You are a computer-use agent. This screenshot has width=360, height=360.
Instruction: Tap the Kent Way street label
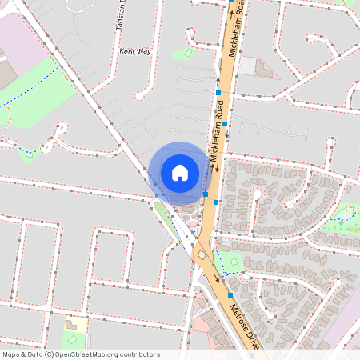click(134, 50)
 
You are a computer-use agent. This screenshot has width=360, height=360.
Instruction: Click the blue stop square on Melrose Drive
click(230, 295)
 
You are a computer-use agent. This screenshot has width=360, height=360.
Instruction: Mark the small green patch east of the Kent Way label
click(183, 54)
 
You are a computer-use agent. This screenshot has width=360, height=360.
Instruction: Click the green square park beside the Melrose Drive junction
click(231, 261)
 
